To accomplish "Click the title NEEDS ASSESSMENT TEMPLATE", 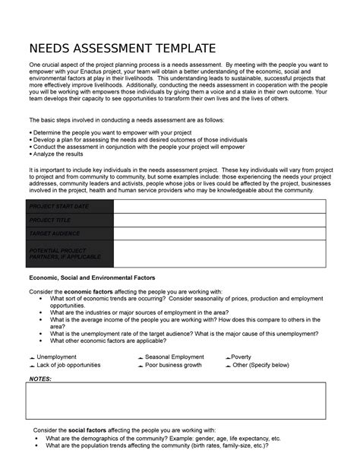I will pos(122,49).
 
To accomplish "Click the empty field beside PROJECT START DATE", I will pos(219,207).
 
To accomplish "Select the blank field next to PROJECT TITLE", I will pos(219,220).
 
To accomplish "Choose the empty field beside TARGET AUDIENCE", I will pos(219,233).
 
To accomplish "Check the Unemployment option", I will pos(31,357).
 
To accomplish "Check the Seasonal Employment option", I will pos(140,357).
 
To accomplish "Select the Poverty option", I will pos(228,357).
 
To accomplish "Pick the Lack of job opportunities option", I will pos(31,365).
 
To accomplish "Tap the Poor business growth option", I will pos(140,365).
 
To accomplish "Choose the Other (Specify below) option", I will pos(228,365).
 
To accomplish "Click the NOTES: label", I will pos(40,378).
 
